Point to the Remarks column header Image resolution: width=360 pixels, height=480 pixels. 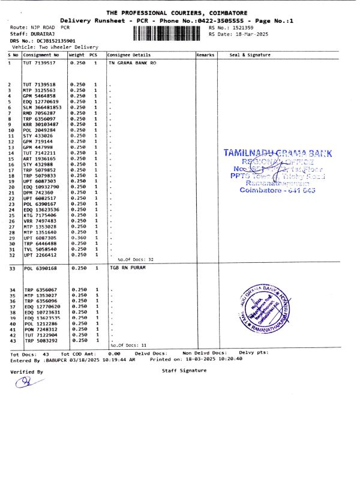click(205, 55)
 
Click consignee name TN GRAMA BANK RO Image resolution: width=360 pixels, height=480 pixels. click(131, 62)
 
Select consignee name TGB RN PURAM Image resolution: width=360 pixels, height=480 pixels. click(126, 269)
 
